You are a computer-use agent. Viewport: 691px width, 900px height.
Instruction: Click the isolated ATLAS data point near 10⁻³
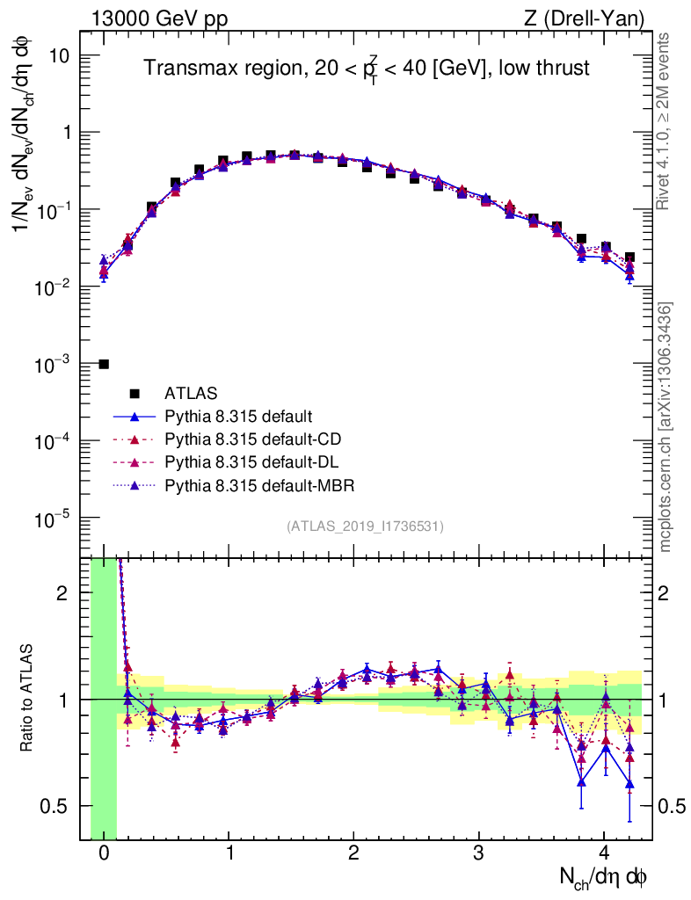pyautogui.click(x=104, y=364)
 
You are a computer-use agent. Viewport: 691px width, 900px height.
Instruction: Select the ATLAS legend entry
pyautogui.click(x=190, y=392)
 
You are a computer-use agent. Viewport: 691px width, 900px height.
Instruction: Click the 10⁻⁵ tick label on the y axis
pyautogui.click(x=55, y=519)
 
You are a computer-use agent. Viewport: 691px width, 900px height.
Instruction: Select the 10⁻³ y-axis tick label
pyautogui.click(x=55, y=364)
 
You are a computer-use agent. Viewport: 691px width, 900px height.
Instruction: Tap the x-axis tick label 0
pyautogui.click(x=104, y=853)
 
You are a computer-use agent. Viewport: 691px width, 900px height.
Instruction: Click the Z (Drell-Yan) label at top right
pyautogui.click(x=594, y=18)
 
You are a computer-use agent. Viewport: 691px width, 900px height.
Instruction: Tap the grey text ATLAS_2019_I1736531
pyautogui.click(x=365, y=526)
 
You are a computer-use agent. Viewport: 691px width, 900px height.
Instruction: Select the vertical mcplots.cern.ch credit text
pyautogui.click(x=666, y=426)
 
